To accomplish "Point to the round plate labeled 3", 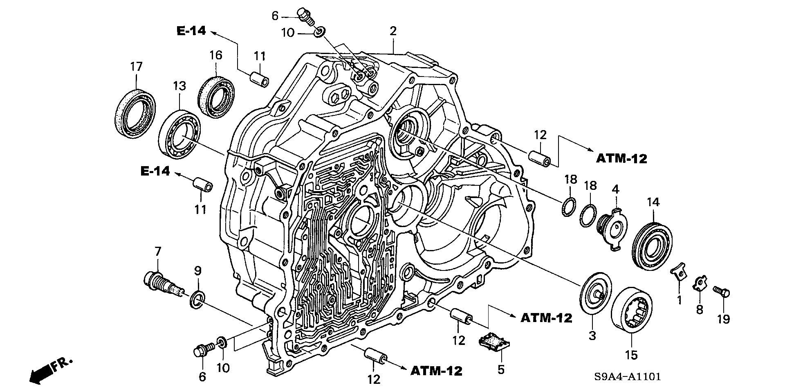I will (x=595, y=293).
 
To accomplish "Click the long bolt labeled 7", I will (x=161, y=283).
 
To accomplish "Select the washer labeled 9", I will (x=197, y=299).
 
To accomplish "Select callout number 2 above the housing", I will (x=393, y=31).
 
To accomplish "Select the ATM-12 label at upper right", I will (x=621, y=158).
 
